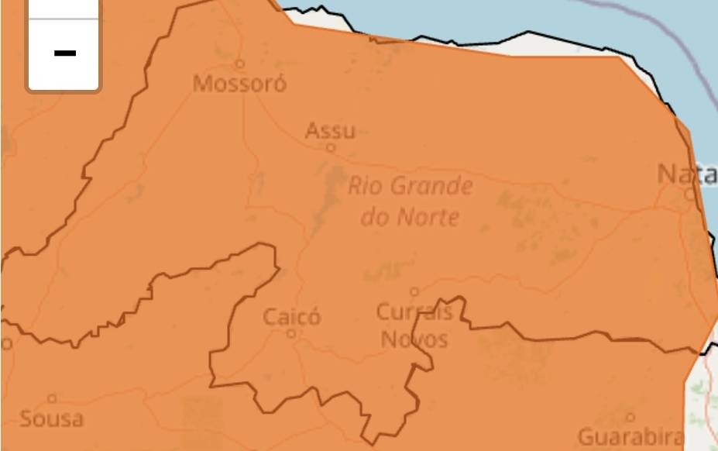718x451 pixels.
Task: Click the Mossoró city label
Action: (239, 84)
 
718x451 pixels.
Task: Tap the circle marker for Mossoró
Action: (240, 64)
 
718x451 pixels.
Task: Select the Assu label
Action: (330, 130)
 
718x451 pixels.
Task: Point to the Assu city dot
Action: (331, 147)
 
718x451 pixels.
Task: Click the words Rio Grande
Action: (410, 187)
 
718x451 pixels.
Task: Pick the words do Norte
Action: (410, 217)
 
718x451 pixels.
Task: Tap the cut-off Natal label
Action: (687, 174)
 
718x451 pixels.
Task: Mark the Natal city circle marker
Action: (690, 195)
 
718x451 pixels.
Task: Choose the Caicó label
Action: (291, 317)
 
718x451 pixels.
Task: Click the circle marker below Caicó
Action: (291, 334)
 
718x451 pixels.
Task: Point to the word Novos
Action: (414, 339)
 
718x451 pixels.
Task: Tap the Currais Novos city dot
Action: (414, 292)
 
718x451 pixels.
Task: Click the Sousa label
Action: (51, 419)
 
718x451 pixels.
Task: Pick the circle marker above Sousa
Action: (52, 398)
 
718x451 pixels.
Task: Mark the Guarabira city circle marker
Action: (630, 418)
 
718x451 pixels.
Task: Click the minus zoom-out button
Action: (64, 53)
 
